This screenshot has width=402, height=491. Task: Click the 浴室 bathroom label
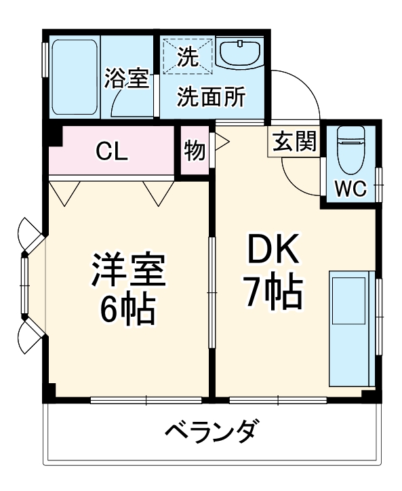point(126,79)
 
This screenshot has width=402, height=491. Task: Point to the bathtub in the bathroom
point(75,78)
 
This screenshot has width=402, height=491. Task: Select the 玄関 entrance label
point(296,143)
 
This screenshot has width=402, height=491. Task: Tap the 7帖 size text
point(273,293)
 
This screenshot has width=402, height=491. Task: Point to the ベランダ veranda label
point(211,431)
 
